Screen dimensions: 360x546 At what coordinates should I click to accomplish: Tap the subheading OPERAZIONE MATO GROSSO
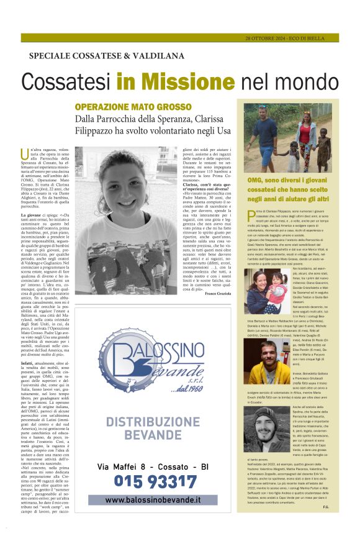click(x=126, y=106)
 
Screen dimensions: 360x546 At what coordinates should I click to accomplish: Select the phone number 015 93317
click(x=147, y=481)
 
